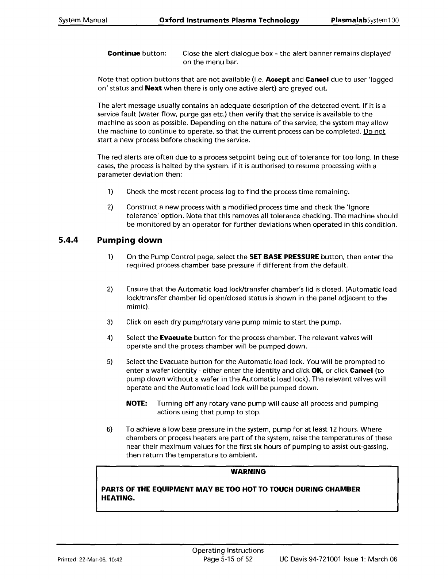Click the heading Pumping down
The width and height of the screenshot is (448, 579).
[x=130, y=241]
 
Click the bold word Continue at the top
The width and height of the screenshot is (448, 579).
[x=124, y=54]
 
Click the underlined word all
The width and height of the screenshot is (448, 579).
[x=265, y=216]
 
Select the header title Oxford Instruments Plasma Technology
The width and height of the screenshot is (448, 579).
[x=229, y=20]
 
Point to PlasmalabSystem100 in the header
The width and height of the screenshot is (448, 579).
[x=365, y=20]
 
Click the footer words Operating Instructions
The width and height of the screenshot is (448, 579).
[x=228, y=550]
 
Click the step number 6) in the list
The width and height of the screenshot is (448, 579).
[x=110, y=429]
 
